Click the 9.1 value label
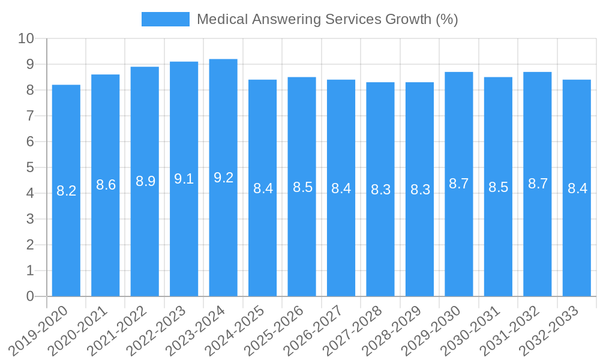[184, 179]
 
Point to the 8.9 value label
[145, 181]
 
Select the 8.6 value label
[106, 185]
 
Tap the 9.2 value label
[223, 178]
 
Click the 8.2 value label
[66, 191]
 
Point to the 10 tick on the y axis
[26, 39]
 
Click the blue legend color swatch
[165, 19]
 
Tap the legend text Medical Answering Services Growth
[327, 19]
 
